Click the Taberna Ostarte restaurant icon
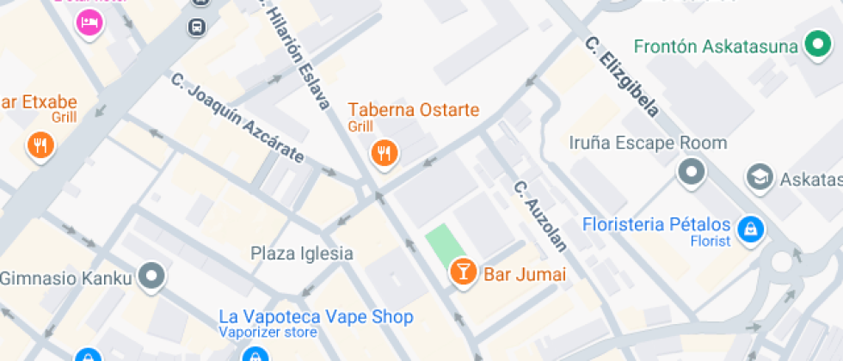[x=384, y=153]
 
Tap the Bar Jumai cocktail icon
[x=463, y=272]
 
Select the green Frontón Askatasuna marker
[x=815, y=46]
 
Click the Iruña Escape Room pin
[x=692, y=171]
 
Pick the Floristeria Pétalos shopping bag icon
[x=751, y=229]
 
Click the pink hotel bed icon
[x=89, y=22]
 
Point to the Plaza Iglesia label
[x=302, y=253]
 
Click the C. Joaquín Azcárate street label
[x=237, y=119]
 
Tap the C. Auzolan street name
[x=540, y=216]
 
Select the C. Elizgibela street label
[x=622, y=76]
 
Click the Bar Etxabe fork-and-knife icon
[x=40, y=145]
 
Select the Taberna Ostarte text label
[x=413, y=110]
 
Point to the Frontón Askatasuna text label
[x=716, y=46]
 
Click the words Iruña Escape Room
[x=648, y=143]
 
